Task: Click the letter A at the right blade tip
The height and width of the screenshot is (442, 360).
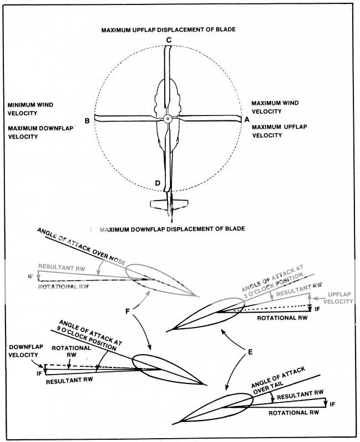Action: (x=247, y=119)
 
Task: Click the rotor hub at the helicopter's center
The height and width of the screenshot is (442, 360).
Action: (x=168, y=119)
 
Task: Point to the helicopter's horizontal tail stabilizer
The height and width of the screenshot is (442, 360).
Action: (x=169, y=203)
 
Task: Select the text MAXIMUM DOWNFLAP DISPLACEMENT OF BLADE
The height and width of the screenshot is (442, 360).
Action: (x=171, y=228)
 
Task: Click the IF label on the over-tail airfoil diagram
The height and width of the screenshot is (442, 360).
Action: (x=332, y=404)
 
